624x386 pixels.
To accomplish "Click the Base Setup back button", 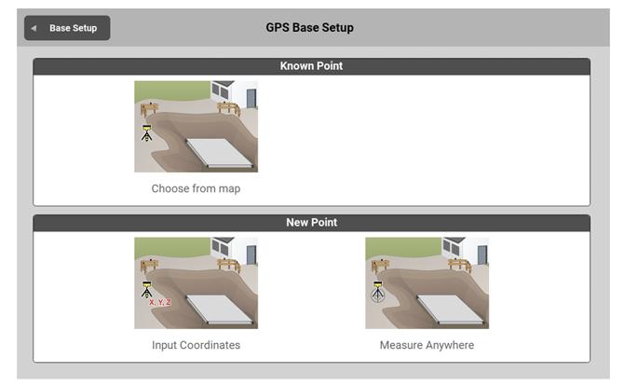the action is tap(67, 28).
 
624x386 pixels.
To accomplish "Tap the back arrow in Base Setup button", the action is tap(34, 28).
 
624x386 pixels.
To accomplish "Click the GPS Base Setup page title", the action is tap(309, 27).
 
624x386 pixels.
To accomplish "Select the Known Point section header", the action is tap(311, 66).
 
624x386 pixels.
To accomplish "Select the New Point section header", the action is tap(311, 223).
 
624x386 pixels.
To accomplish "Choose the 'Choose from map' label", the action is tap(196, 188).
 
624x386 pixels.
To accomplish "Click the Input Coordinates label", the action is tap(196, 345).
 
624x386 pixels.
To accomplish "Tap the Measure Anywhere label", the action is tap(427, 345).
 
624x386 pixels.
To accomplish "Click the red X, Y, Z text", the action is tap(160, 302).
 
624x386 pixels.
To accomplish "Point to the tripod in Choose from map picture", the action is tap(147, 133).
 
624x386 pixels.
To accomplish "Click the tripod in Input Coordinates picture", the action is tap(147, 290).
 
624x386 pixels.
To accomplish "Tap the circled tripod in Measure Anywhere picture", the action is tap(378, 292).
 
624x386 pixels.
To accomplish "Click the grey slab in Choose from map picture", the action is tap(219, 153).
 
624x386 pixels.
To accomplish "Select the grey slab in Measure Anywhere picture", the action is tap(451, 310).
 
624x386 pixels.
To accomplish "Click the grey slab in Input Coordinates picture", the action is tap(219, 310).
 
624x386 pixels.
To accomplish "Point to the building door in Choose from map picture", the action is tap(251, 99).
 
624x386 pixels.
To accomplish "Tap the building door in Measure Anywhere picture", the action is tap(482, 255).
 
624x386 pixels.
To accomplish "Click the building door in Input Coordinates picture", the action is tap(251, 255).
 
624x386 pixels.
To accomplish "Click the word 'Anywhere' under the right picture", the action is tap(450, 345).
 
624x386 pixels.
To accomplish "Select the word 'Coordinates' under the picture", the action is tap(210, 345).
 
